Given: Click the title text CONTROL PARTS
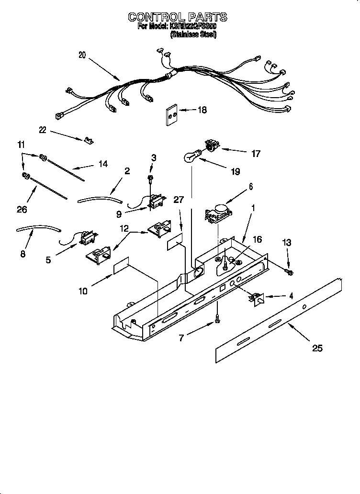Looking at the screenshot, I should tap(177, 18).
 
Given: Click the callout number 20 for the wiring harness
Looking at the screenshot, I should tap(82, 55).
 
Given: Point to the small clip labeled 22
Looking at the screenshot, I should tap(88, 140).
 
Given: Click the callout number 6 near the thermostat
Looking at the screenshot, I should tap(250, 186).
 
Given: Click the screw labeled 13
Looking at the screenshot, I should tap(289, 272).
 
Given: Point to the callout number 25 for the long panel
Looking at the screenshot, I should tap(317, 348).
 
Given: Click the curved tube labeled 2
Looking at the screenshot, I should tap(100, 199).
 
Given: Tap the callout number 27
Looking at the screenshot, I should tap(179, 200).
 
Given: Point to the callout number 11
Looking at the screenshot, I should tap(21, 145).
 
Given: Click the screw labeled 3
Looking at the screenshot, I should tap(150, 179).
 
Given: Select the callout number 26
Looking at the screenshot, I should tap(22, 209).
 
